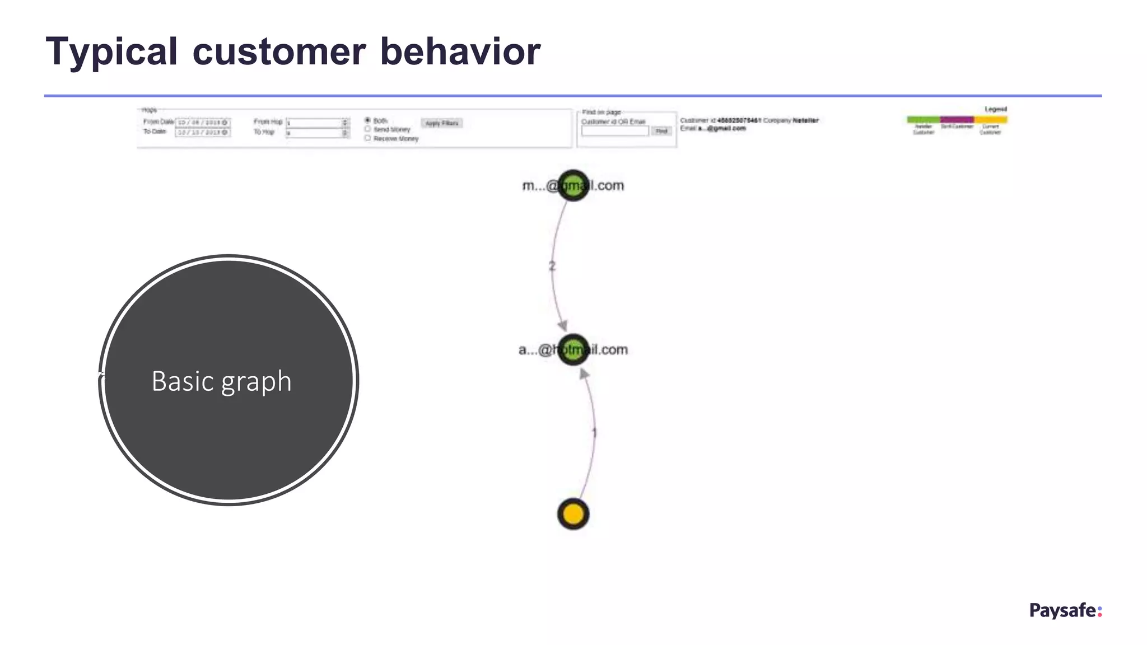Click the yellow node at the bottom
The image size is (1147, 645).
[573, 514]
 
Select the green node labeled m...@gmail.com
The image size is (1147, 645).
[573, 185]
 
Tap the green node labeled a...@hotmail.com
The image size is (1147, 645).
[573, 350]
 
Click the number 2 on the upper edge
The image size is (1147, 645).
[552, 266]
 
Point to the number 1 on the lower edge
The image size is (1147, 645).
[594, 432]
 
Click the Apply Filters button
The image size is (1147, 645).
[441, 123]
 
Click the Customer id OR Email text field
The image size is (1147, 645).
[614, 131]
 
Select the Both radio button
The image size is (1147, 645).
[368, 120]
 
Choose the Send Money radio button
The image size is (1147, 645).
[368, 129]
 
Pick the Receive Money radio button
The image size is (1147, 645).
[368, 138]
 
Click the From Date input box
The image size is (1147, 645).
[202, 123]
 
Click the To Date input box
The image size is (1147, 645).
[202, 133]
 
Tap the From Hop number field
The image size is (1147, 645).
[316, 123]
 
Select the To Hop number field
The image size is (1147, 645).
[316, 133]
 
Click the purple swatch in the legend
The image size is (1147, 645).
[957, 119]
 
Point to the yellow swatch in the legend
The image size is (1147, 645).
[990, 119]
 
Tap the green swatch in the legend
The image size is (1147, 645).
[923, 119]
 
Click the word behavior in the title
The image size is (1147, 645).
[460, 52]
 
